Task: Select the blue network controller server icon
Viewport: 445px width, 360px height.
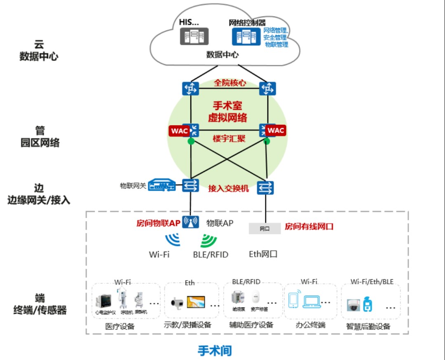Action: click(x=246, y=36)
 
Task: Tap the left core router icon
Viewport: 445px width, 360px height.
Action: click(x=190, y=88)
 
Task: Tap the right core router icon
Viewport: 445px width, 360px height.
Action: click(x=267, y=88)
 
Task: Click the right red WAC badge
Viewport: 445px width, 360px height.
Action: click(x=276, y=131)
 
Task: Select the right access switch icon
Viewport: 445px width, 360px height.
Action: click(x=265, y=188)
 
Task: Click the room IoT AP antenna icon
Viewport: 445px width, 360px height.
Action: click(x=190, y=222)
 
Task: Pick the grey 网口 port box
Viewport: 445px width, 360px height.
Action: click(x=264, y=228)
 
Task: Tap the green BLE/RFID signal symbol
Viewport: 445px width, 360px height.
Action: click(x=209, y=240)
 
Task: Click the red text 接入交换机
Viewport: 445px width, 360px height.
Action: click(x=229, y=188)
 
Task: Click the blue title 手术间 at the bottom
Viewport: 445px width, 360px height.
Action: click(x=215, y=351)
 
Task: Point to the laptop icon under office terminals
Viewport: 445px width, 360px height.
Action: click(x=311, y=302)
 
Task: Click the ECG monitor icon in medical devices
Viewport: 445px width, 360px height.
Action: click(x=103, y=302)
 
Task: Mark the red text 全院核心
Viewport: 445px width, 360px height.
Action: click(x=230, y=83)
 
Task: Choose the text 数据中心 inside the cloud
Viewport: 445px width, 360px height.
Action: click(x=222, y=54)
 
